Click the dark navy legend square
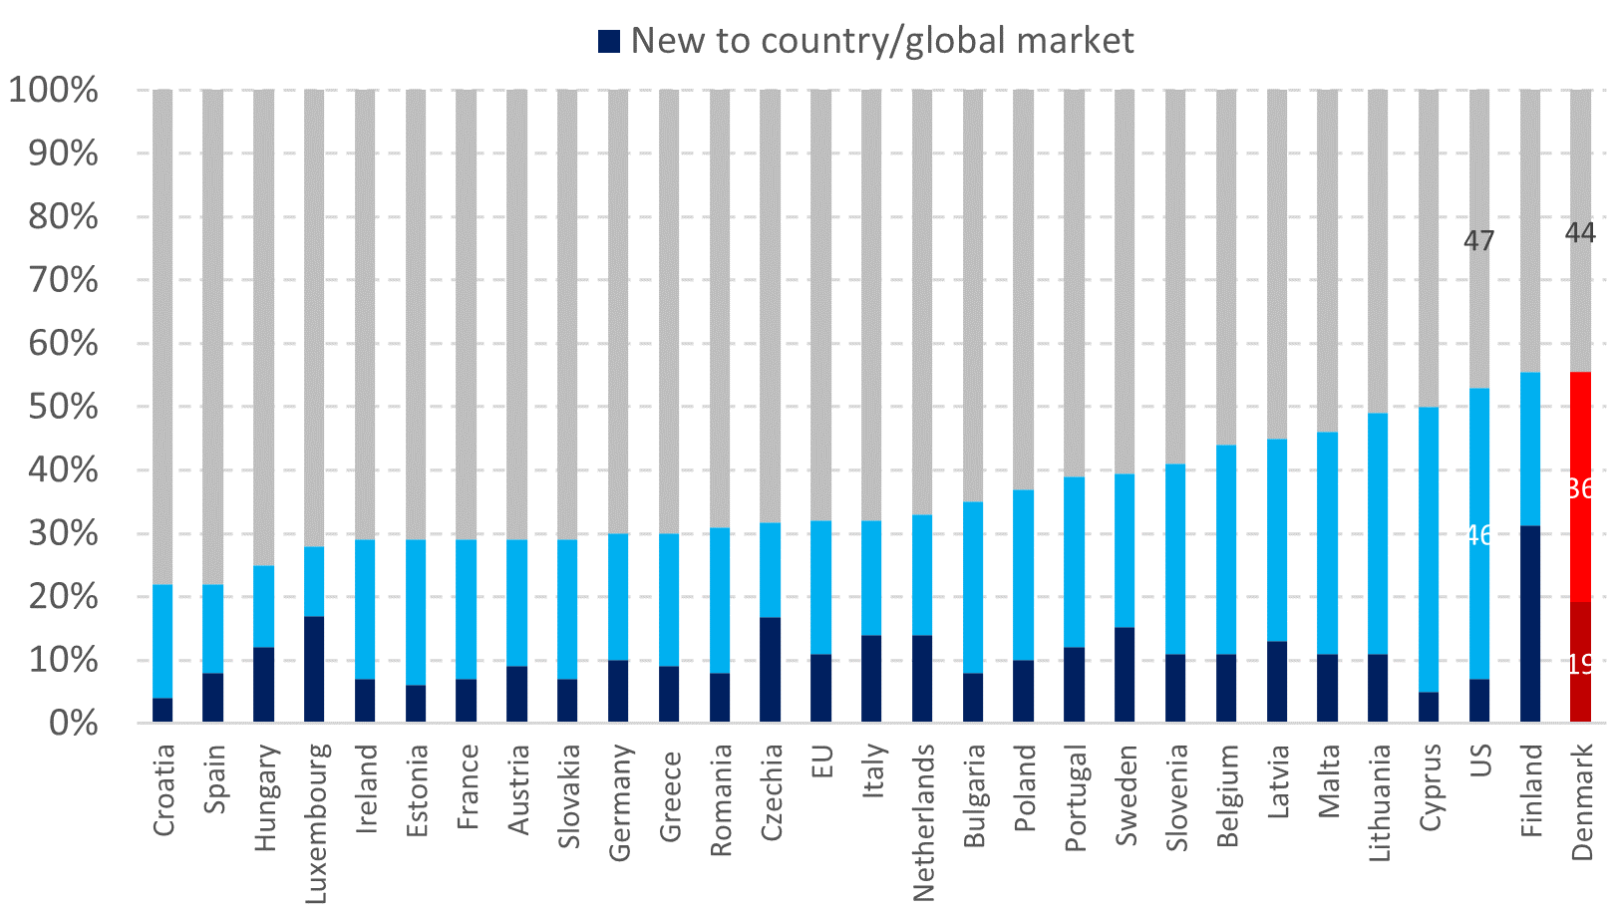608,41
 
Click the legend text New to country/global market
881,41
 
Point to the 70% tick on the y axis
54,280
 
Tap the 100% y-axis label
54,90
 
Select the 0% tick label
74,723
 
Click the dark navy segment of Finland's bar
1529,623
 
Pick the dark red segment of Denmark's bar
1580,662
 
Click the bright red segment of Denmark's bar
1580,486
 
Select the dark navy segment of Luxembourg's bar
314,669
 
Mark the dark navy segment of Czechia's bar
770,669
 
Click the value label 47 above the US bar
1478,241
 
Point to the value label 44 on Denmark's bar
1580,233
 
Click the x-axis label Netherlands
923,821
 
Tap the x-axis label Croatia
163,789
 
